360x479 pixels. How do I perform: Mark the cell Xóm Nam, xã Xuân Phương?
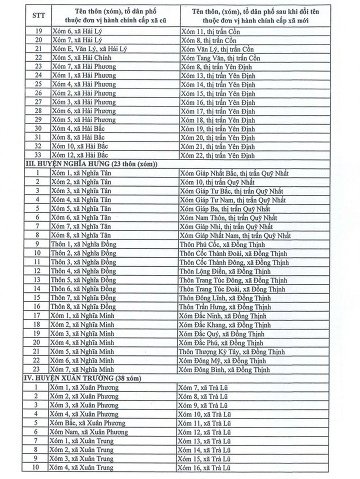(89, 432)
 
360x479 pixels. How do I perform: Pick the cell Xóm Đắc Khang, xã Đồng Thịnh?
(225, 324)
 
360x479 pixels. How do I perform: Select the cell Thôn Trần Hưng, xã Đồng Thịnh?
(225, 306)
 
